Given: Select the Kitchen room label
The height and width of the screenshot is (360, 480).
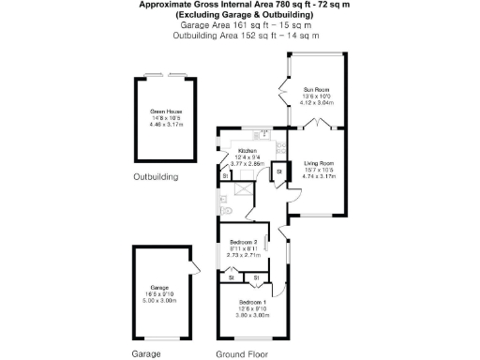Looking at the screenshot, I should [x=247, y=150].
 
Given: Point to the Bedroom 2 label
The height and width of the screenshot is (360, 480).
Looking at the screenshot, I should [x=243, y=242].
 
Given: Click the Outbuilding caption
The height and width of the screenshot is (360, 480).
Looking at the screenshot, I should [x=156, y=176].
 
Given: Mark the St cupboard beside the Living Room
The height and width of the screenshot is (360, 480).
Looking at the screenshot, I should [x=280, y=172].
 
